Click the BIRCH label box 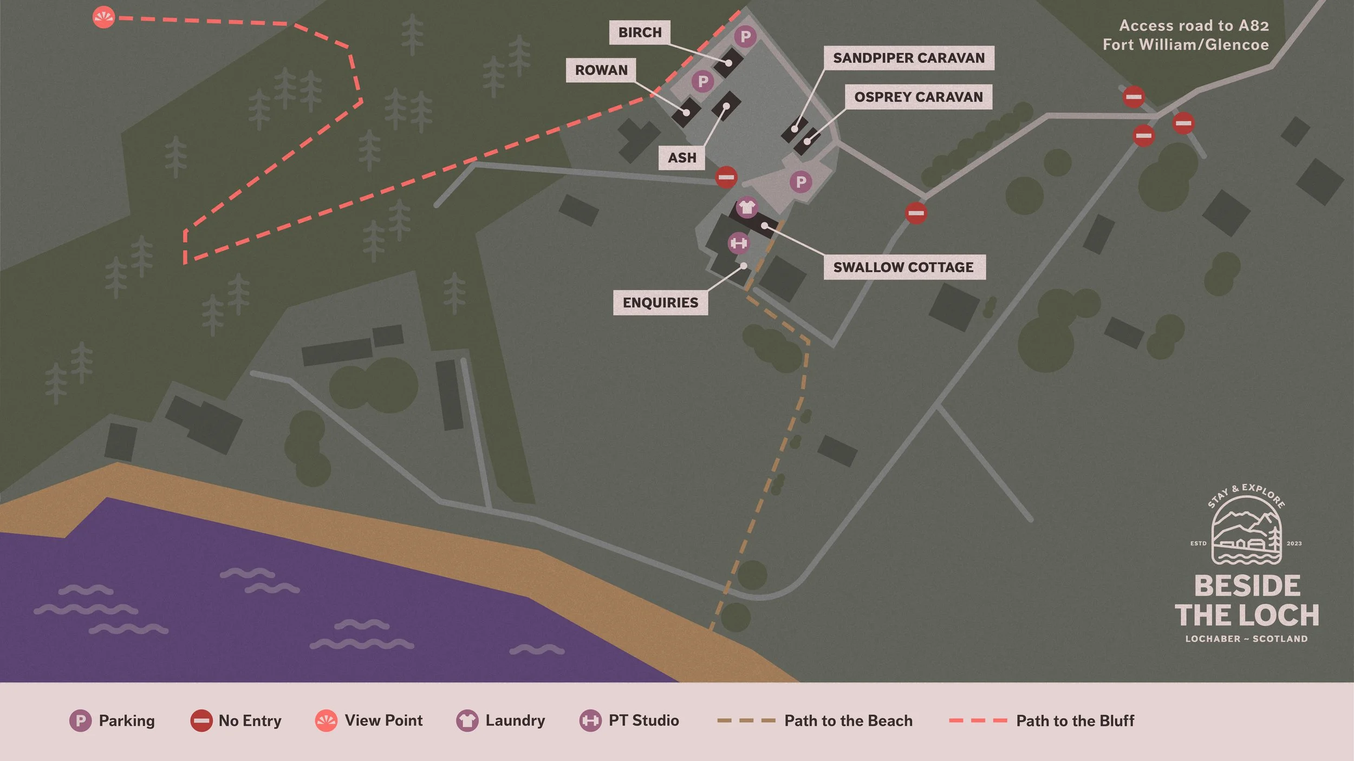click(640, 32)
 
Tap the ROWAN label click(601, 70)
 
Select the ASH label click(682, 158)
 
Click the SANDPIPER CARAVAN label click(908, 58)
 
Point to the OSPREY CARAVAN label click(918, 97)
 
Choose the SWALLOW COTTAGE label click(903, 267)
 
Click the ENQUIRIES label click(660, 303)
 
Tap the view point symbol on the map click(103, 17)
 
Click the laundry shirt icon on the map click(747, 207)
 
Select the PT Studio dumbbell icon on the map click(739, 243)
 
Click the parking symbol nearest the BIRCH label click(745, 36)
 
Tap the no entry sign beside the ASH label click(726, 177)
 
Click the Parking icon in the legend click(80, 721)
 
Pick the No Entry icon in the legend click(201, 721)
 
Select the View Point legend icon click(326, 721)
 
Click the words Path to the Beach click(848, 721)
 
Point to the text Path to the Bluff click(1075, 721)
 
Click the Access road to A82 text click(1194, 26)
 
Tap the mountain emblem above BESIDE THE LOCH click(1246, 536)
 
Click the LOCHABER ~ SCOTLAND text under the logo click(1246, 639)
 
